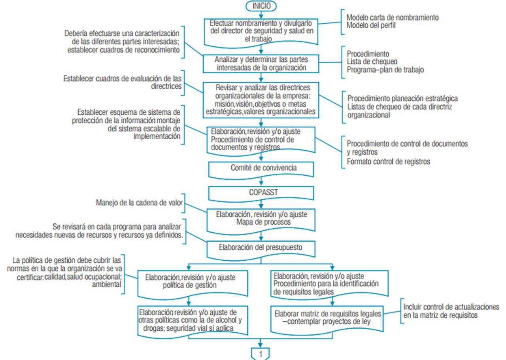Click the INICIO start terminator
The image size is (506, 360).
pos(260,6)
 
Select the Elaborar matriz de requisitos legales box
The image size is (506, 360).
pos(328,318)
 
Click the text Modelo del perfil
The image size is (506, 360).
pos(370,26)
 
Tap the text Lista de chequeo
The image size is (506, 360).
pos(372,62)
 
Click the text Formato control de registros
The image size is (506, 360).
pos(388,161)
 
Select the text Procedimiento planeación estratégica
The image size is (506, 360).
pos(402,99)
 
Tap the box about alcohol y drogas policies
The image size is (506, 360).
pos(193,320)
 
